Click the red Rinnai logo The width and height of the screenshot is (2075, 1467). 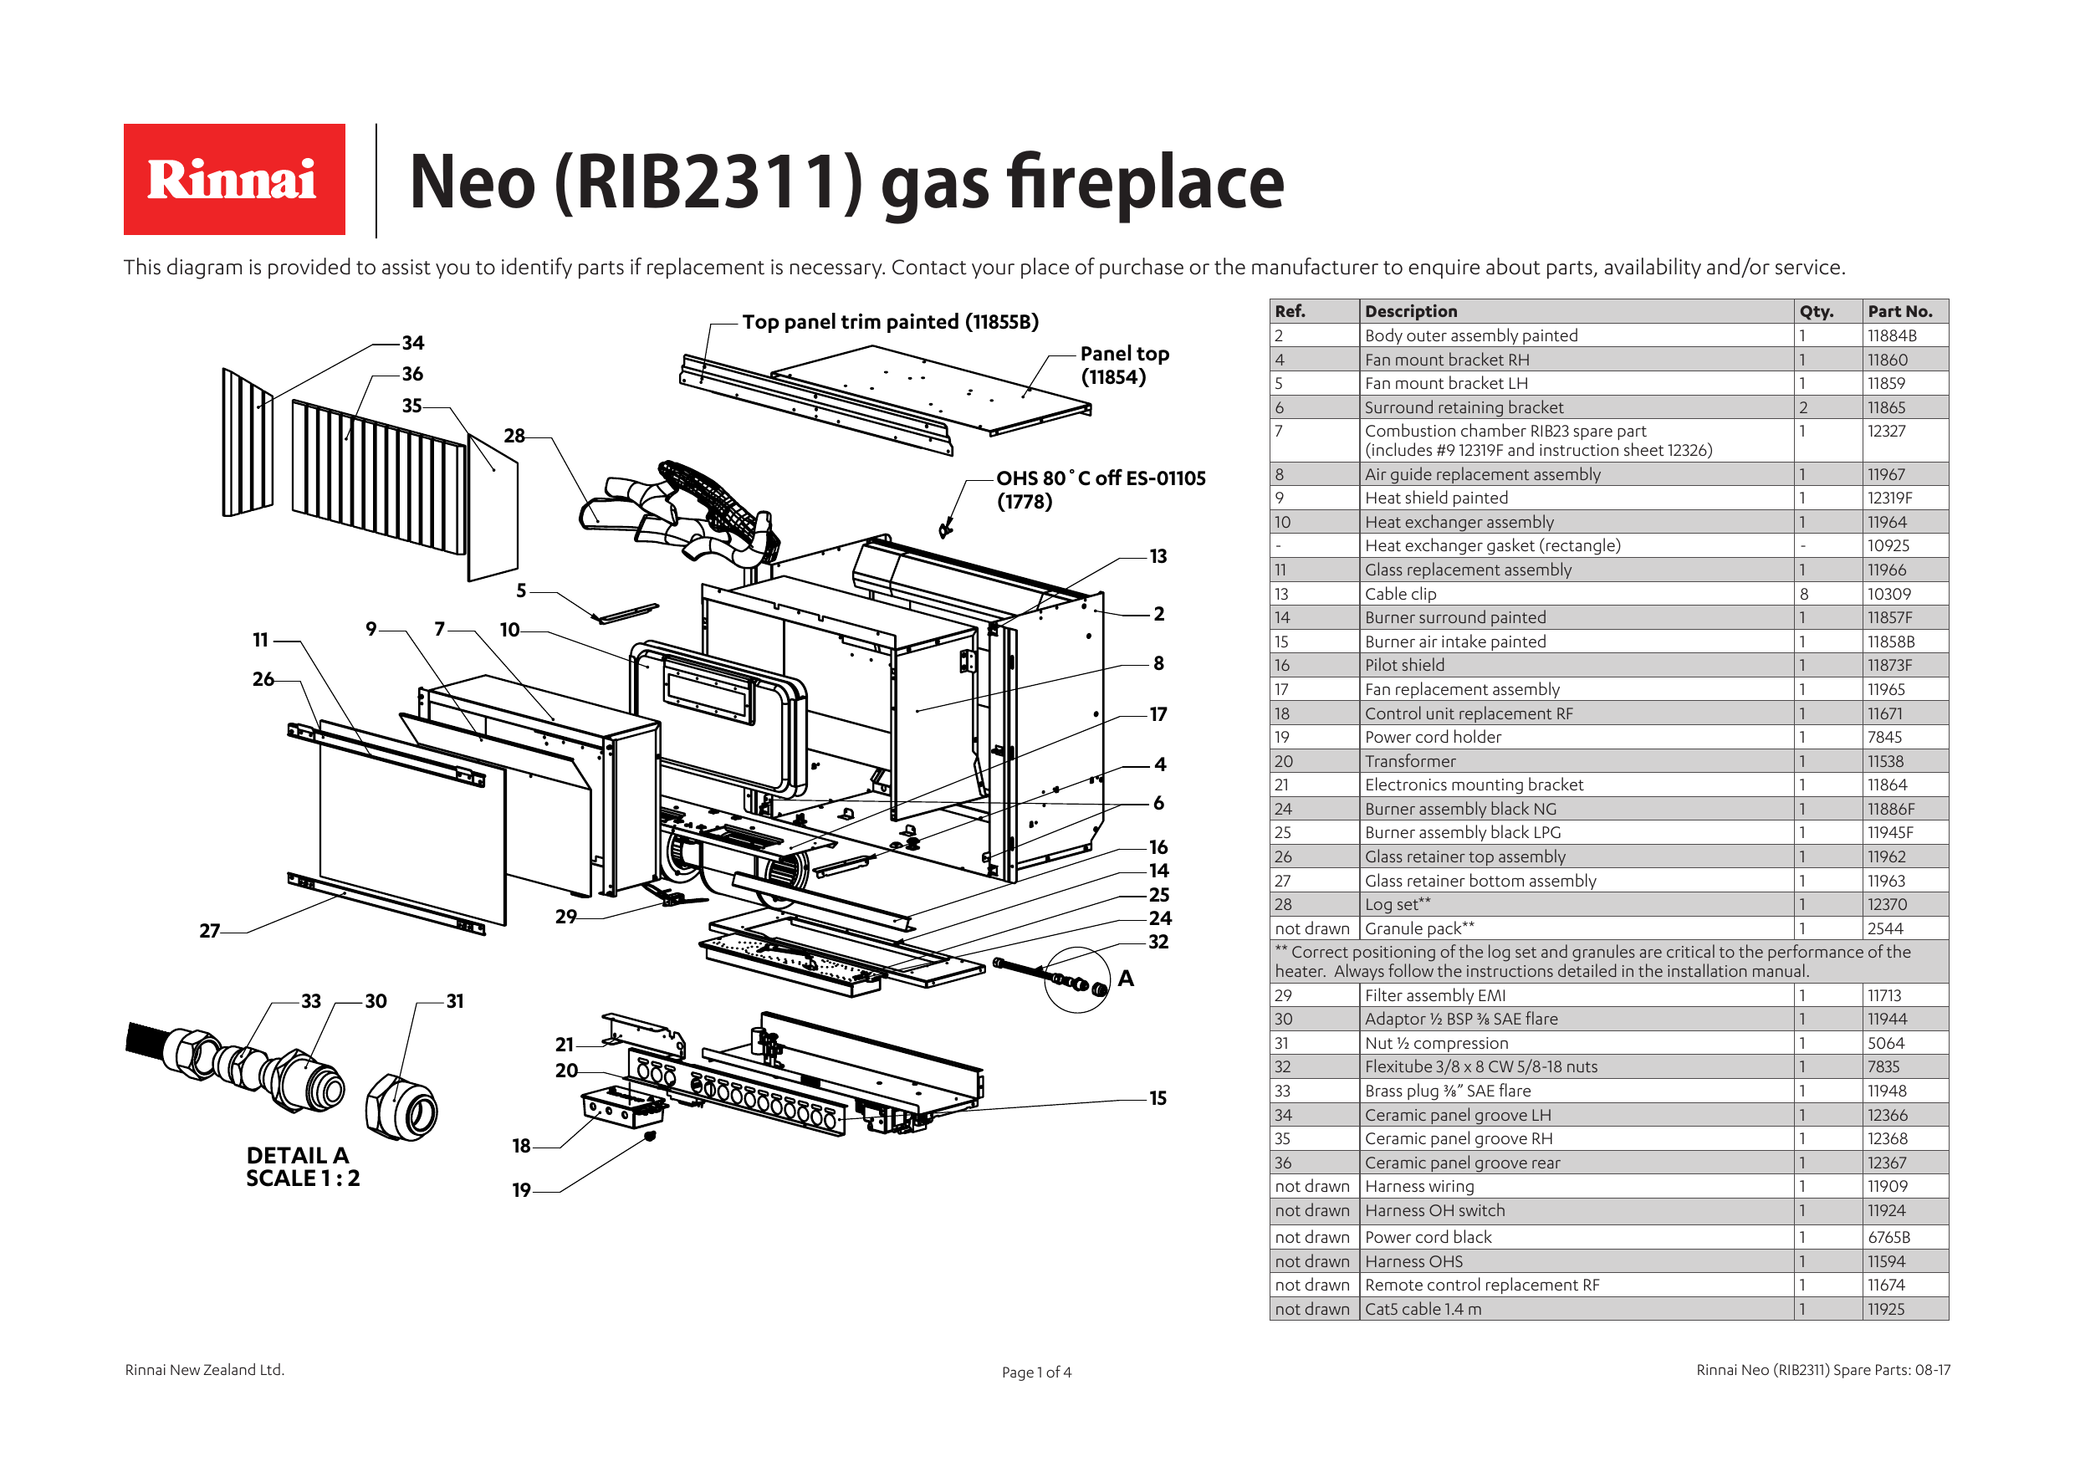(x=234, y=179)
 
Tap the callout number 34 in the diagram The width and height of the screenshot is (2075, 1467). (x=413, y=343)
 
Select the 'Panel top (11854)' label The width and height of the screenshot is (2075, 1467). (x=1123, y=365)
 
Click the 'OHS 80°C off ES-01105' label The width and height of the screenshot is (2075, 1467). (x=1100, y=478)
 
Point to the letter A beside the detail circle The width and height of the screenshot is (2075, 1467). (x=1125, y=978)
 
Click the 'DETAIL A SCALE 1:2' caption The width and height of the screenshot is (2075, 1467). (x=302, y=1166)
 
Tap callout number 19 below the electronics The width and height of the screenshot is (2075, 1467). (x=521, y=1189)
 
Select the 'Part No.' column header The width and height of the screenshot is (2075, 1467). (x=1899, y=311)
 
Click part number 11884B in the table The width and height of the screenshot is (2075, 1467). (x=1892, y=335)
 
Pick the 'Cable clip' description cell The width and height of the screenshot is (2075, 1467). (x=1400, y=594)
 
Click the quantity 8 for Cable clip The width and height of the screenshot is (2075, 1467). (x=1804, y=594)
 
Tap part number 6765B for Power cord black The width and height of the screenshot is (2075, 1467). (x=1888, y=1236)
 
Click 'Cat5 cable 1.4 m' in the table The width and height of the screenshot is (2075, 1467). (x=1423, y=1309)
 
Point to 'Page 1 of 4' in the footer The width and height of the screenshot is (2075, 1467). (x=1035, y=1372)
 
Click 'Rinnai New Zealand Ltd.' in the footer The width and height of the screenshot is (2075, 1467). (x=204, y=1369)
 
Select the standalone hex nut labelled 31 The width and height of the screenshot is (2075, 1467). (x=401, y=1108)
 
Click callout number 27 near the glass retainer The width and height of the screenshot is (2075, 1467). (x=209, y=930)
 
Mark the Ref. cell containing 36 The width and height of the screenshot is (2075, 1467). (x=1283, y=1163)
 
